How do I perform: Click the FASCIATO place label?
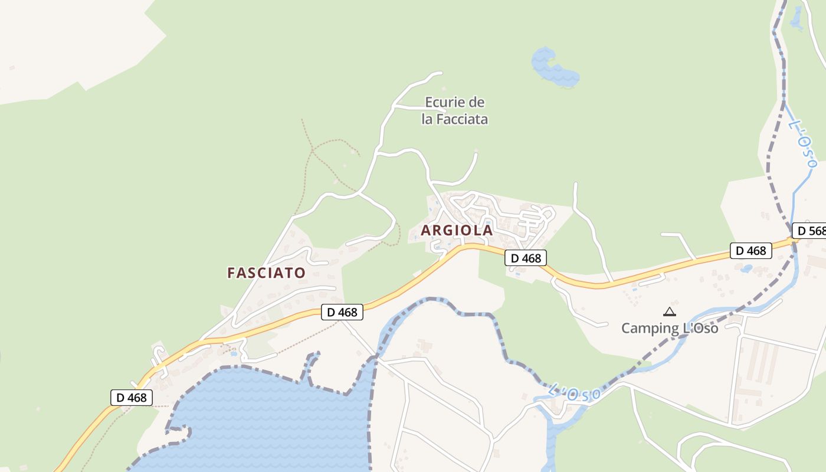tap(266, 273)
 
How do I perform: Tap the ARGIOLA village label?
tap(457, 230)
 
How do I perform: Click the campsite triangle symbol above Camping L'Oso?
tap(669, 312)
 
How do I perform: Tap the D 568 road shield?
tap(809, 231)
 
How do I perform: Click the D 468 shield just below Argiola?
tap(526, 258)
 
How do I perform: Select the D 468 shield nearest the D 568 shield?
tap(751, 251)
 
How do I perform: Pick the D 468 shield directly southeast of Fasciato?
tap(342, 312)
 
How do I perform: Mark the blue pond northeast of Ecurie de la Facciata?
tap(555, 68)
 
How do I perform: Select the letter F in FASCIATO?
tap(231, 273)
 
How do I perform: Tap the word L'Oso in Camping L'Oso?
tap(700, 328)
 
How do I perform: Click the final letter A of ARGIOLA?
tap(488, 230)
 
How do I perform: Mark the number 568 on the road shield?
tap(817, 231)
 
